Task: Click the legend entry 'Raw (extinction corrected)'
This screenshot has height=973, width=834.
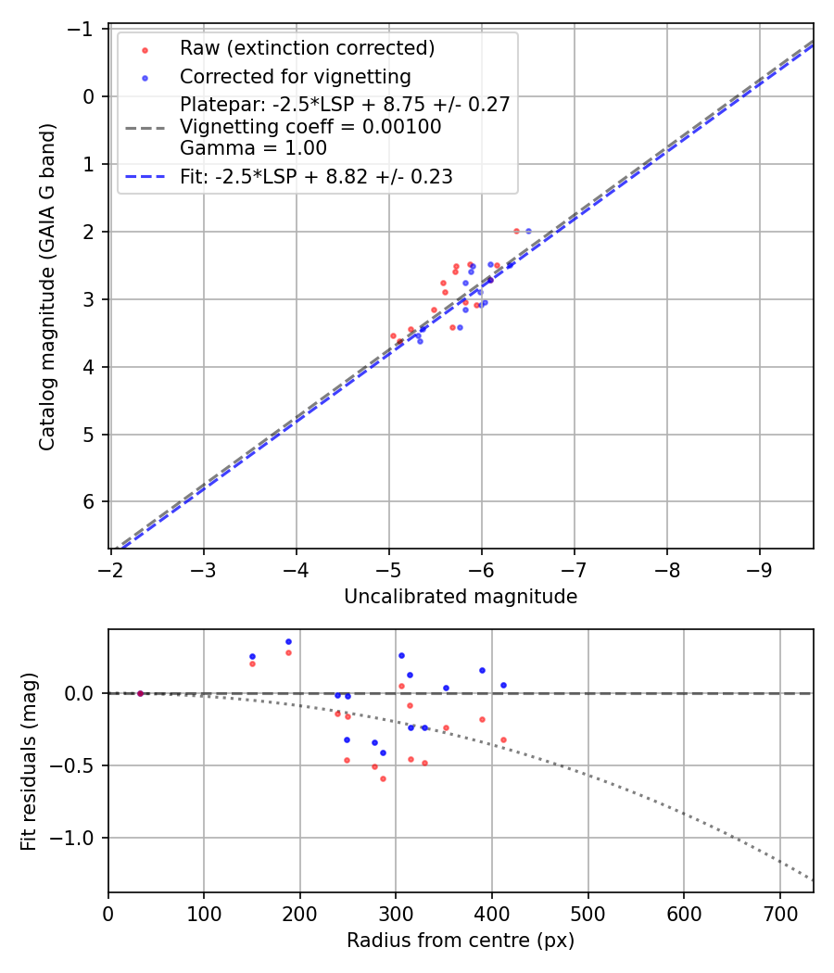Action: pos(307,48)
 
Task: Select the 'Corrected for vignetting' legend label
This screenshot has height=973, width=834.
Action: pos(295,76)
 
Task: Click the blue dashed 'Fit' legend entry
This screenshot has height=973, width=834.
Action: pos(316,176)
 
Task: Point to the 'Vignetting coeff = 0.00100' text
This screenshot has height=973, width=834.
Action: pos(310,126)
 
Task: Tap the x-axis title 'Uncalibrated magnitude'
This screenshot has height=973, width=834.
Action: pos(461,597)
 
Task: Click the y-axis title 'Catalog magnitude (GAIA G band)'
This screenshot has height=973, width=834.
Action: pos(47,287)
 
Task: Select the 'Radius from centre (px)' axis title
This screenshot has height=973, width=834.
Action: pos(461,941)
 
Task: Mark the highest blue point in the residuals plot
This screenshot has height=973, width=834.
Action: pos(288,641)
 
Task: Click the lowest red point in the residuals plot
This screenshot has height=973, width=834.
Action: pos(383,778)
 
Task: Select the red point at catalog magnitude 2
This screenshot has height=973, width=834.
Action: pos(516,231)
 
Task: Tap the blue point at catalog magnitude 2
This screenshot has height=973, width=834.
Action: pos(528,231)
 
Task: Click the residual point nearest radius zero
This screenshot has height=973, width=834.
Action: pos(140,693)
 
